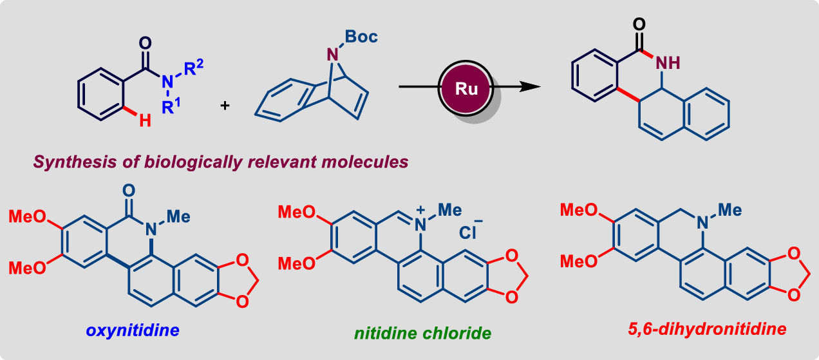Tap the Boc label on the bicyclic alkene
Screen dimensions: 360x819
pos(361,36)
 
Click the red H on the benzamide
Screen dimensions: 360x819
pos(145,120)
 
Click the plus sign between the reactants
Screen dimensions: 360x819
pos(225,104)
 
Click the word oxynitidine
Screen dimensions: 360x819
pos(134,331)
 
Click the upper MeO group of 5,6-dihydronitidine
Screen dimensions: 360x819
pos(576,210)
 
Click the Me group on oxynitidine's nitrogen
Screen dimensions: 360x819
pos(178,216)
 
